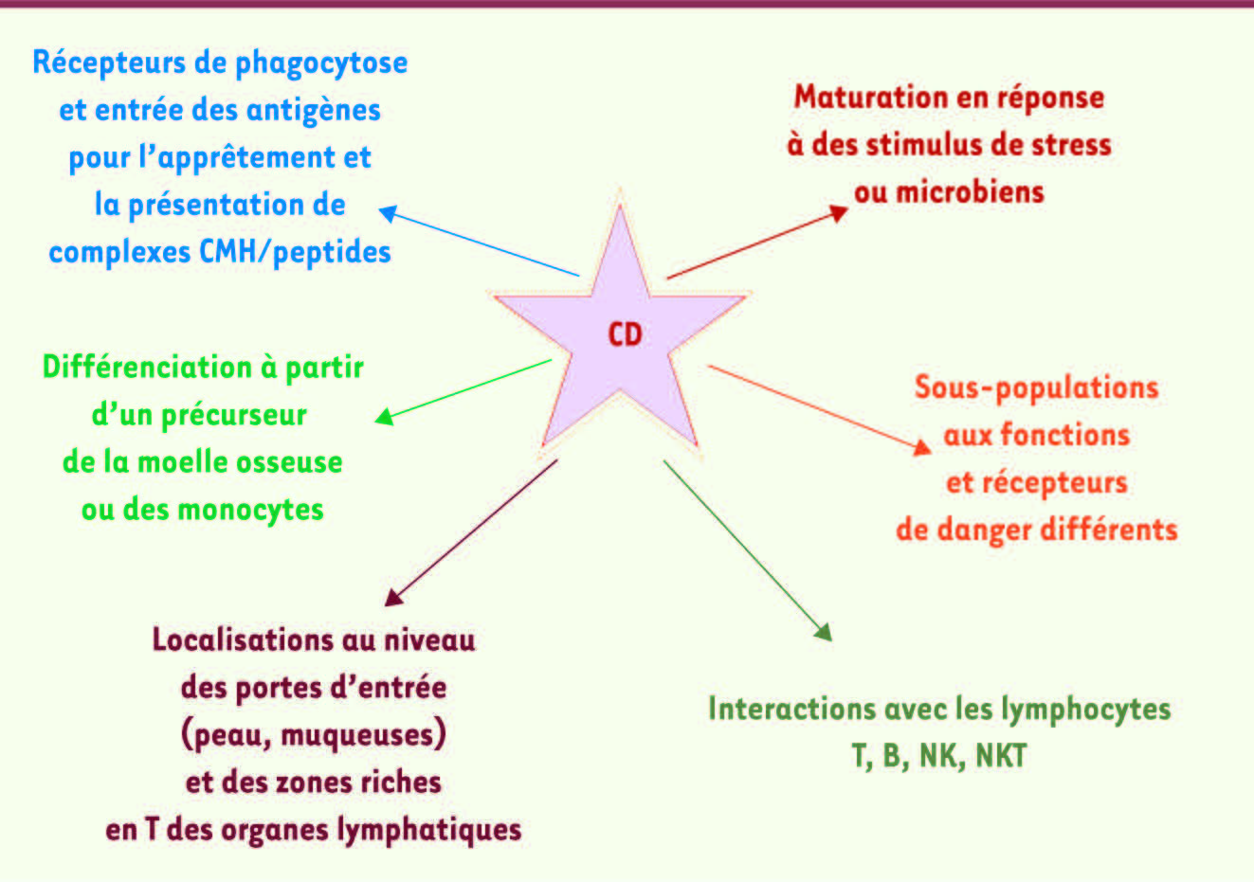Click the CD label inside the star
625,334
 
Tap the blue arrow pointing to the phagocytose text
479,242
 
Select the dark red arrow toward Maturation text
757,242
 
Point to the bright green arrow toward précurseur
463,392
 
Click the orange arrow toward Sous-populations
820,410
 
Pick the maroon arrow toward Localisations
471,532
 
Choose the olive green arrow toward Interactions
748,550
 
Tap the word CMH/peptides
295,253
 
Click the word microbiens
971,192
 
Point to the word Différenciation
147,368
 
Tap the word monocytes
250,511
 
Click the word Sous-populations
1036,387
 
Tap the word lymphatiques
429,831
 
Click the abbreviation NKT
1002,756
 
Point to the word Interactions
792,709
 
